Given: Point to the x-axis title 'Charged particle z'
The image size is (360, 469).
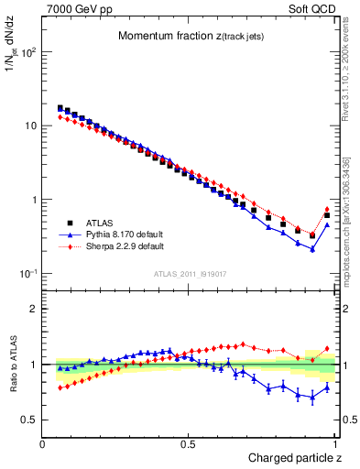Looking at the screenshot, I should [x=295, y=458].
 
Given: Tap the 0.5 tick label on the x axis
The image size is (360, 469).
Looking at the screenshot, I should [x=189, y=443].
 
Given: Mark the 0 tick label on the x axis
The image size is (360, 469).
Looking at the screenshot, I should [x=43, y=443].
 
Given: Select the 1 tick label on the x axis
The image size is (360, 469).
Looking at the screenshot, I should [x=335, y=443].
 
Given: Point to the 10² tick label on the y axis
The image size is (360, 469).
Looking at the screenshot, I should [x=27, y=51].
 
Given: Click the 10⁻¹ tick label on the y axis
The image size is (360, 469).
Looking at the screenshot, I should [x=27, y=274].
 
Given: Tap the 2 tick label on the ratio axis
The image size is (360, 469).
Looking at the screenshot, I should [x=33, y=310].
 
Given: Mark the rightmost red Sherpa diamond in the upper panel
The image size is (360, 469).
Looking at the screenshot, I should [x=327, y=210].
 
